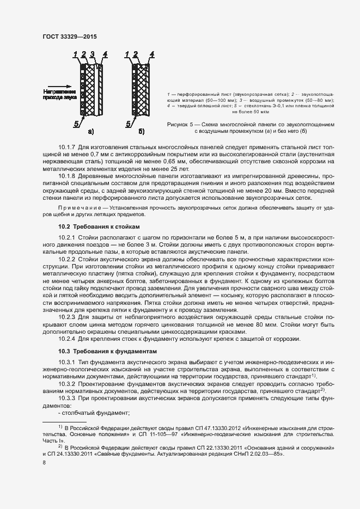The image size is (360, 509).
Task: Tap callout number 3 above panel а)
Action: [93, 54]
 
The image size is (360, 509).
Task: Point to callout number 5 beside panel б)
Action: [129, 124]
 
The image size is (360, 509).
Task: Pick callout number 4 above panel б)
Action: [151, 54]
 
